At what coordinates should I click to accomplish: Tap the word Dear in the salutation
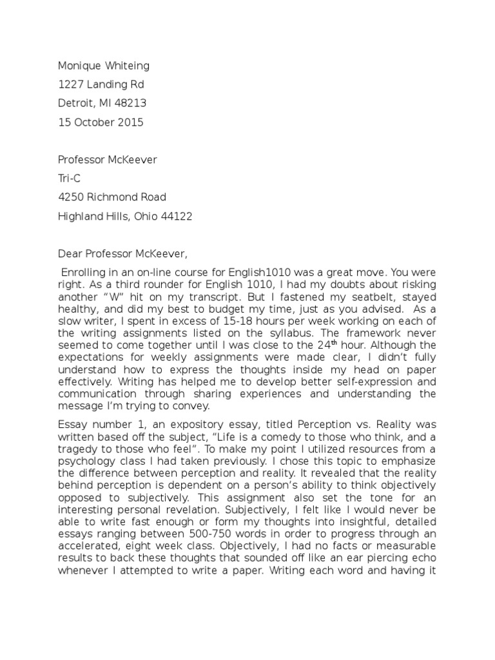[x=71, y=253]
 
